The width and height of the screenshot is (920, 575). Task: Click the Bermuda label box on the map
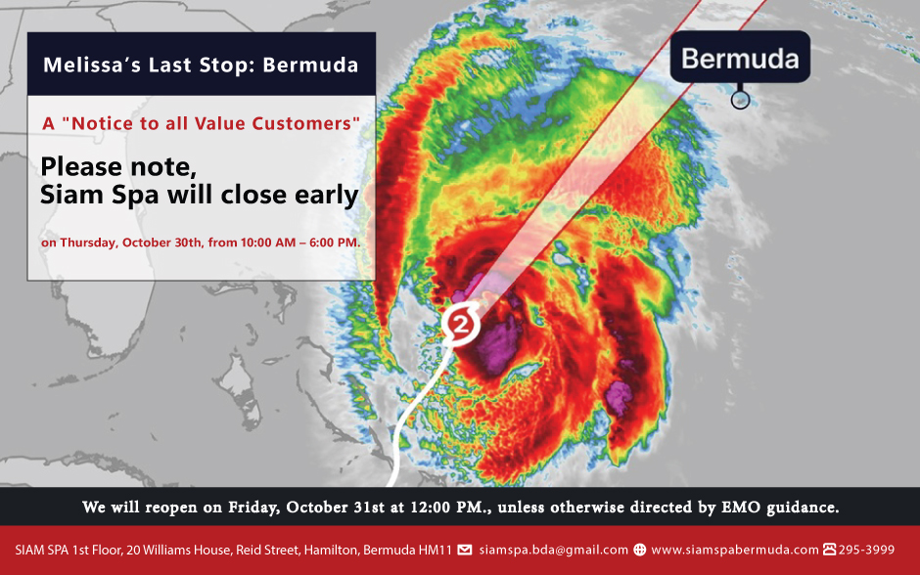(x=740, y=57)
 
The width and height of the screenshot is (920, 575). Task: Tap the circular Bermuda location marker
(x=741, y=100)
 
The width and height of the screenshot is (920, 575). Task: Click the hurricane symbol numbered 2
(x=461, y=324)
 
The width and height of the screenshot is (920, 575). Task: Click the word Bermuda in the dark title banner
(x=310, y=65)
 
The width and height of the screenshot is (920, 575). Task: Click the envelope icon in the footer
(x=465, y=550)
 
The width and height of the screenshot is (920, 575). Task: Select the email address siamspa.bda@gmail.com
(x=553, y=550)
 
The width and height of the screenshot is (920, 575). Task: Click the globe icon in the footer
(x=640, y=550)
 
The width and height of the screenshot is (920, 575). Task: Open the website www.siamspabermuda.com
(x=735, y=550)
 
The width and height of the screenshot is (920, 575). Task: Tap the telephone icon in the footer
(x=830, y=550)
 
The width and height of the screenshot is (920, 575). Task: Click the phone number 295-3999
(x=866, y=550)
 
